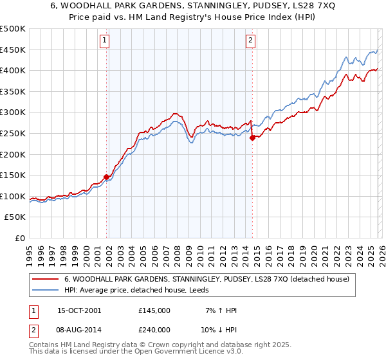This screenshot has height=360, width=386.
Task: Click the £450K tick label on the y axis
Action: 13,50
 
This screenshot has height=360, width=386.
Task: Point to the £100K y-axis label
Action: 13,196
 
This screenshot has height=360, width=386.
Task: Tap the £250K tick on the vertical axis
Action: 13,133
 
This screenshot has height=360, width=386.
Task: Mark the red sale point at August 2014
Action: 252,138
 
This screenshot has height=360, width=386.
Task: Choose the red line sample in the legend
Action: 46,279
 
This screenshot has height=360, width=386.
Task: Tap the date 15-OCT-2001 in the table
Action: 79,310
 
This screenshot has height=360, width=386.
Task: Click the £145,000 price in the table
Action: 154,310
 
